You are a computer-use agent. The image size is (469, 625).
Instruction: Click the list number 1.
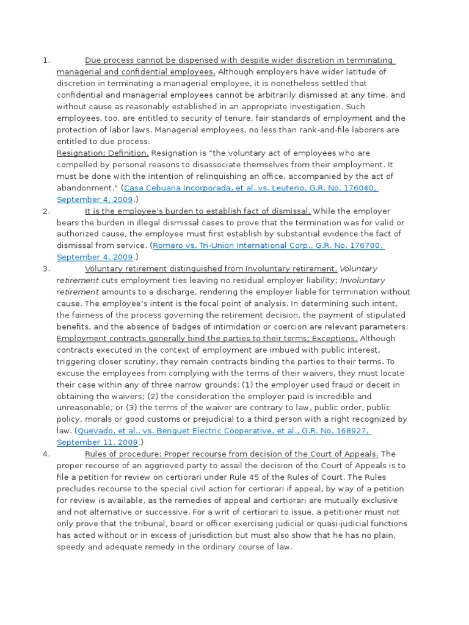tap(45, 60)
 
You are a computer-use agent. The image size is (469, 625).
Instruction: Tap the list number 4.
tap(45, 453)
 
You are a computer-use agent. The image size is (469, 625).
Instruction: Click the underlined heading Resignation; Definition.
tap(102, 153)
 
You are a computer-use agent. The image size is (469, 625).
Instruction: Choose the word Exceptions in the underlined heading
tap(336, 338)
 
